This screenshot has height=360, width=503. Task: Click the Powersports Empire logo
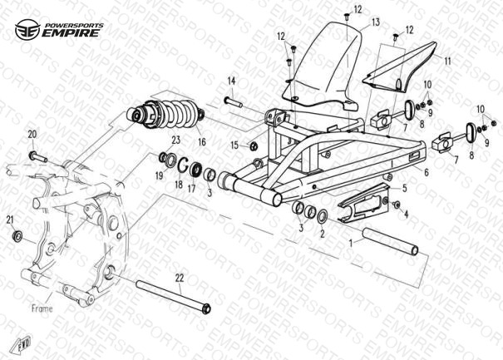coord(59,29)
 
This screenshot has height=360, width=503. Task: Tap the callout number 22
coord(180,279)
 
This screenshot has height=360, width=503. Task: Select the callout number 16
coord(202,141)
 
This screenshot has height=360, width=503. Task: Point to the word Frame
coord(42,308)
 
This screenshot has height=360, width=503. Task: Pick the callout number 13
coord(376,22)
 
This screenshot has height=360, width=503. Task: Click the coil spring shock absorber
coord(165,115)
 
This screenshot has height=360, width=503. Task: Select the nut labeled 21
coord(17,236)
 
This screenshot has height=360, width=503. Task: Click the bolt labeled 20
coord(38,157)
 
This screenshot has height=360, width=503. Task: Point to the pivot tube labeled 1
coord(391,241)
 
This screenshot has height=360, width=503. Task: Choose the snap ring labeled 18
coord(183,165)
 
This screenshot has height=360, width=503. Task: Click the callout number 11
coord(447,61)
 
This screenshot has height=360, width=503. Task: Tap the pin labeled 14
coord(234,102)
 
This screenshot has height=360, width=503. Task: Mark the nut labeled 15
coord(254,146)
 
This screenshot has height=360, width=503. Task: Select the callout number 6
coord(426,172)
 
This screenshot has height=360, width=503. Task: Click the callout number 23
coord(175,141)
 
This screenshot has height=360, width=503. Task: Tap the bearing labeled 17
coord(195,169)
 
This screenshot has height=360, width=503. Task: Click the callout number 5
coord(405,188)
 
